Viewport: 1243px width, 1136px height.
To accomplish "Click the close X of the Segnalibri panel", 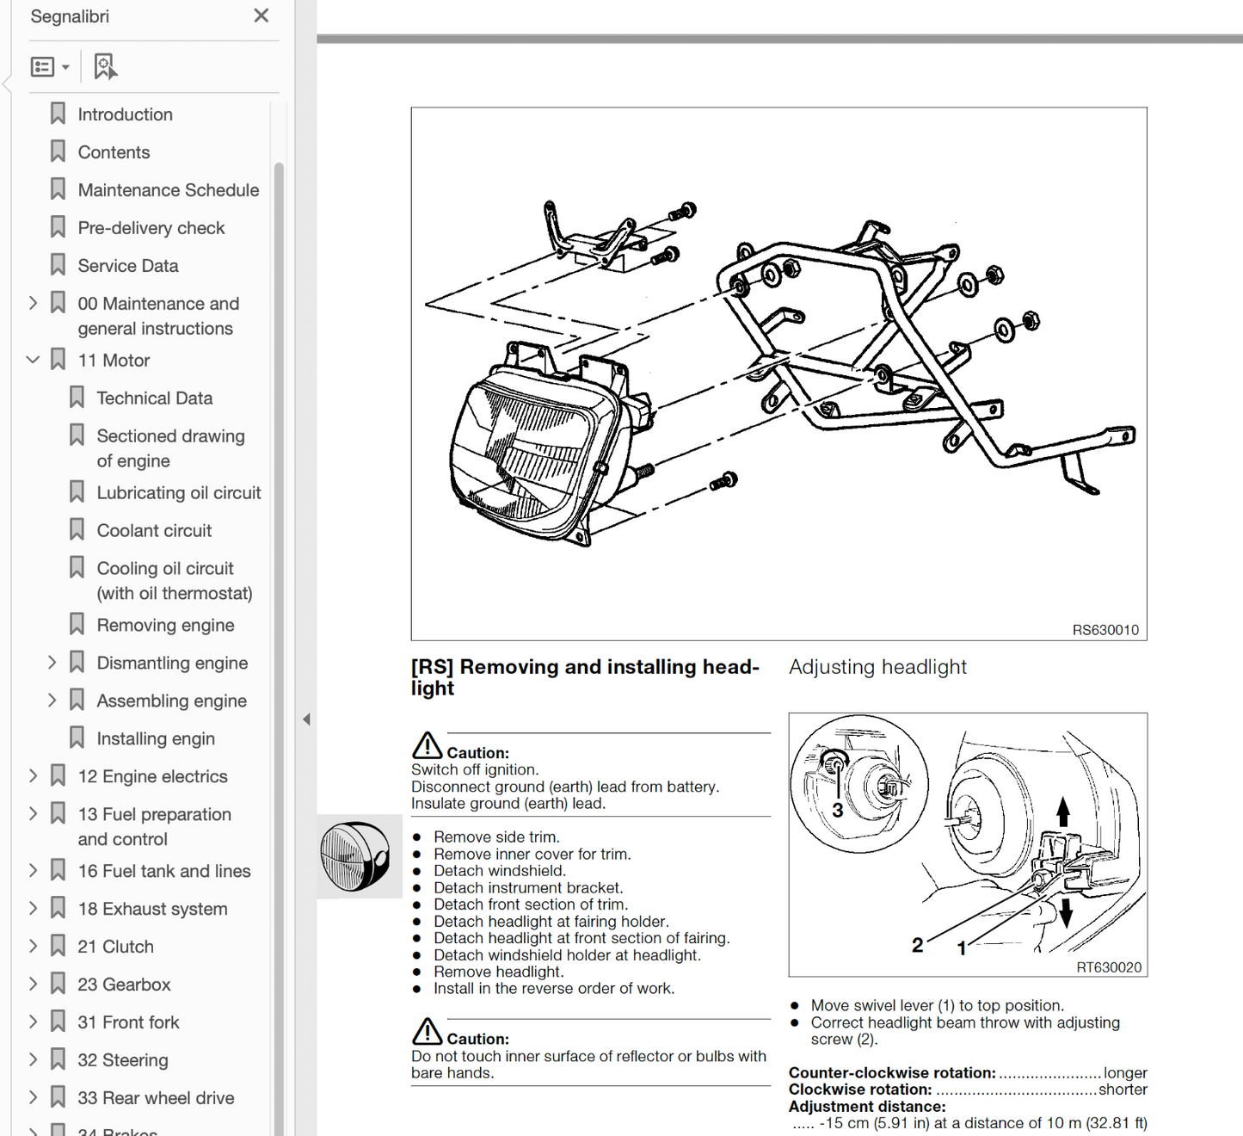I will (262, 15).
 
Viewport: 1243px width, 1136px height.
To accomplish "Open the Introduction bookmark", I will (125, 114).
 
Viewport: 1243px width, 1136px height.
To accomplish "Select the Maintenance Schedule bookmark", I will (168, 190).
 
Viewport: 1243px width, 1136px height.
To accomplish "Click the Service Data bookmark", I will (128, 266).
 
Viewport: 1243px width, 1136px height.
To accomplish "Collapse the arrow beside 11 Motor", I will (33, 360).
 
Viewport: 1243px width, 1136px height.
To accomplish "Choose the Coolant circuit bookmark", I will (154, 531).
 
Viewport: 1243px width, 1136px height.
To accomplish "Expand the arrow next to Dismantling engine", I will (52, 663).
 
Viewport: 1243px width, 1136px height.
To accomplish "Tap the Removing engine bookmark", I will (165, 626).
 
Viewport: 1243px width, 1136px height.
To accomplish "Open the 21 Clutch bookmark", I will (115, 947).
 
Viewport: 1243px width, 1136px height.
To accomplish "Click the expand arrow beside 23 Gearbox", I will (33, 984).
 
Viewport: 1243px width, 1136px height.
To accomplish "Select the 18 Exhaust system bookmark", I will (152, 909).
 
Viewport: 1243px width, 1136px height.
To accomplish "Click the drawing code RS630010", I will (1105, 630).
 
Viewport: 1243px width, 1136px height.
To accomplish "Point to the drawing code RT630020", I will (1108, 967).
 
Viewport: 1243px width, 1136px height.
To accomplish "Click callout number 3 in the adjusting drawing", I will (837, 810).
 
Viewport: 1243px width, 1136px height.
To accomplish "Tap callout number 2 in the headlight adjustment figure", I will (917, 945).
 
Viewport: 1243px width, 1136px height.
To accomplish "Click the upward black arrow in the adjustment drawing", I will (1063, 811).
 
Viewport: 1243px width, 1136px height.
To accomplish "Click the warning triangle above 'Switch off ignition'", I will (427, 745).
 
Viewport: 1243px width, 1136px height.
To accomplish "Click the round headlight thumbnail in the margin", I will (355, 856).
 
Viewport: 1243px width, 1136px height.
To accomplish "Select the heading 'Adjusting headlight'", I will (877, 667).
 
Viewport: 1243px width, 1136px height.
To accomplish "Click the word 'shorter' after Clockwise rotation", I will (1123, 1090).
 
